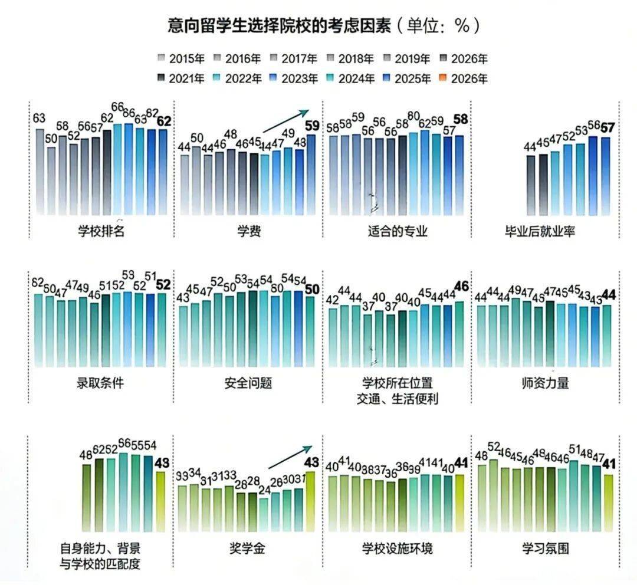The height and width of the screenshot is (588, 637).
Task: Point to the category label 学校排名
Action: click(101, 232)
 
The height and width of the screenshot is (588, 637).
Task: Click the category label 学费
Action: click(248, 232)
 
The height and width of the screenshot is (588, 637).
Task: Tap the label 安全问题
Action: click(248, 383)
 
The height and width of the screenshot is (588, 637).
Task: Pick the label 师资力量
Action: click(545, 383)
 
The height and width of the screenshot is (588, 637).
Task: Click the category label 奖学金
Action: click(248, 548)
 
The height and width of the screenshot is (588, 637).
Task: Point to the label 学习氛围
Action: click(545, 548)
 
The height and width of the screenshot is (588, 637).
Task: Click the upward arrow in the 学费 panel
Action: click(285, 121)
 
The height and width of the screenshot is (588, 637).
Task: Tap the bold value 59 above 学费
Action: click(311, 126)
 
